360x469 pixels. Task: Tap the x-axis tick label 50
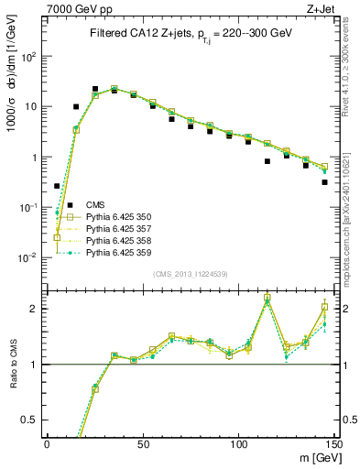143,442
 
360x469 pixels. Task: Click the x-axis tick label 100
238,442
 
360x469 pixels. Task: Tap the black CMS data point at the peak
95,89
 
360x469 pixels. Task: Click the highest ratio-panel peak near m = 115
267,298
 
